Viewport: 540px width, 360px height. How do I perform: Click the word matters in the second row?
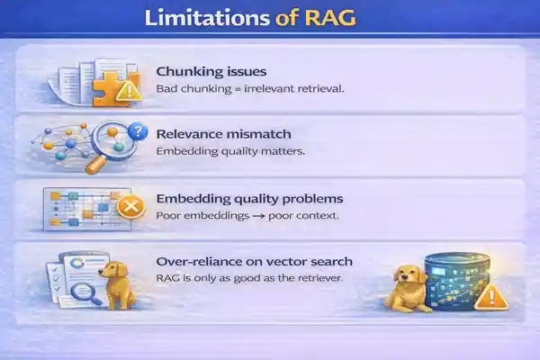click(281, 151)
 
